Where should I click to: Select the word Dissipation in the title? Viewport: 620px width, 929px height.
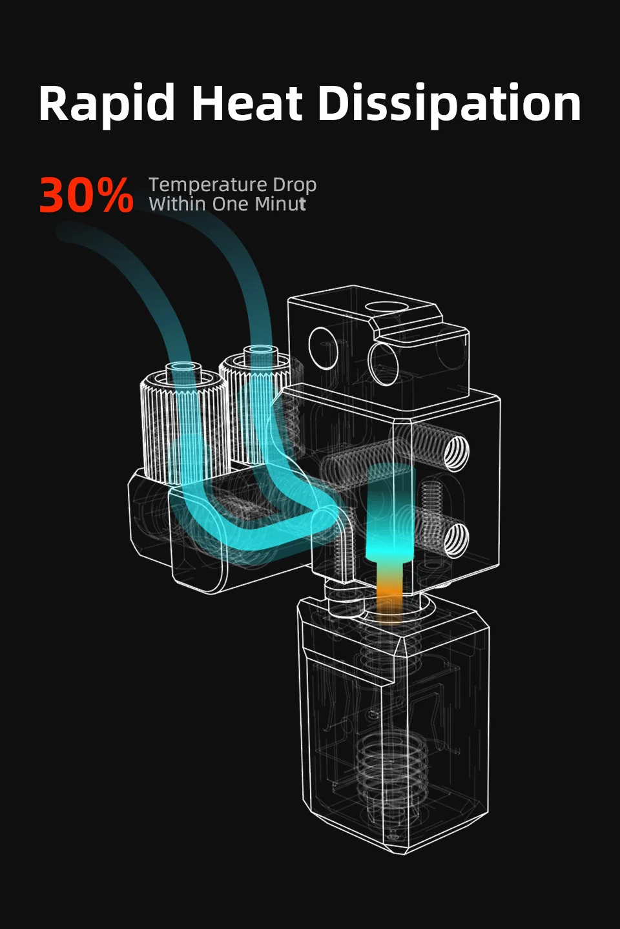pos(449,105)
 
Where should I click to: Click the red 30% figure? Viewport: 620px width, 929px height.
pos(86,196)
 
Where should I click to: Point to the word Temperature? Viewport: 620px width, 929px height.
pos(207,185)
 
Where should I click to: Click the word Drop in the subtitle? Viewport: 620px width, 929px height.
pos(294,185)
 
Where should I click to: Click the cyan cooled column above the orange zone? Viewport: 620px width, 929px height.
pos(389,516)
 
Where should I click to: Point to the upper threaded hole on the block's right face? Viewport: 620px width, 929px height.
pos(456,452)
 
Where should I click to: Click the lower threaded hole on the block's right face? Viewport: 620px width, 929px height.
pos(456,539)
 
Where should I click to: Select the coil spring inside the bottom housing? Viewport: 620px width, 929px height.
pos(391,768)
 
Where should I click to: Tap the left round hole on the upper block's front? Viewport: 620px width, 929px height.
pos(323,348)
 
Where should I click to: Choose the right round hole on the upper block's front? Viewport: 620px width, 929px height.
pos(383,363)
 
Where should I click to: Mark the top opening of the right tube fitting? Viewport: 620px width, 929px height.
pos(260,349)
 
